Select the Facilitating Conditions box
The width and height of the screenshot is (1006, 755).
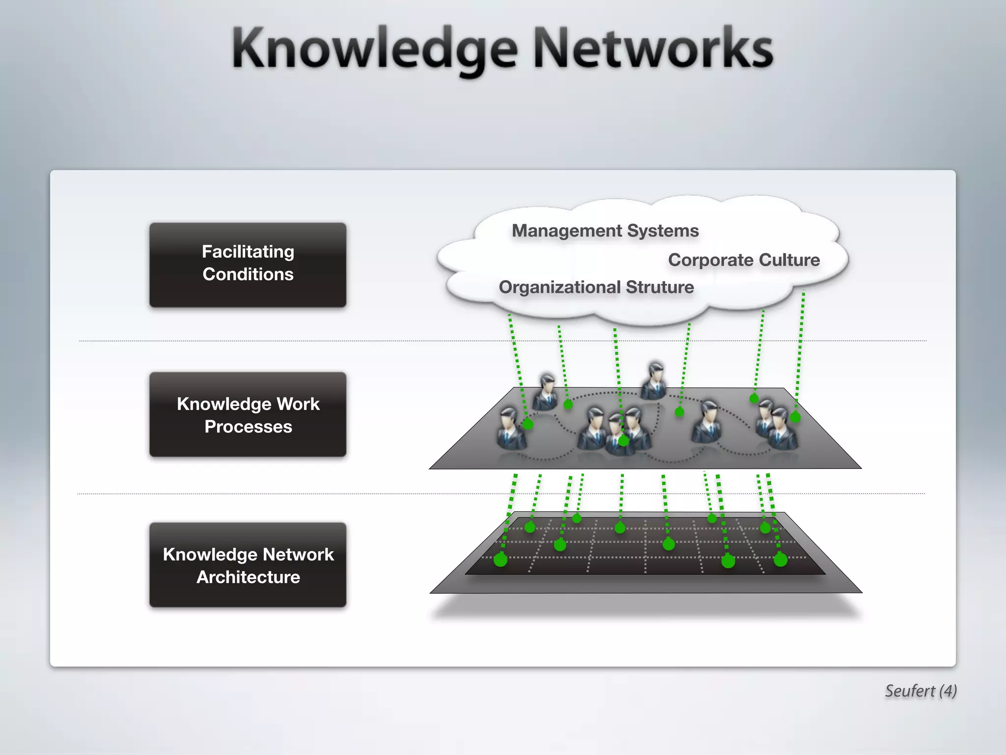tap(248, 265)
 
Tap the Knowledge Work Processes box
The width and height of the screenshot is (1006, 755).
tap(248, 414)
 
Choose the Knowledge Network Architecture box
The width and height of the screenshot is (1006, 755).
tap(248, 565)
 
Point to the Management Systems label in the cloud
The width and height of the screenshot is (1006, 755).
tap(605, 231)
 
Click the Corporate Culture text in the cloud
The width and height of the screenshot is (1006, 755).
tap(744, 260)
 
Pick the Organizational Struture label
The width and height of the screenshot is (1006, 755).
tap(596, 287)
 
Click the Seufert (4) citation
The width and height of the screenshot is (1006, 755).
tap(921, 691)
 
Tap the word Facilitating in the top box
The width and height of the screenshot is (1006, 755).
tap(248, 252)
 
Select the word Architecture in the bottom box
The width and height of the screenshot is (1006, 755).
tap(248, 577)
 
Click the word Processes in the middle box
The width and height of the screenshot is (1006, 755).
tap(248, 427)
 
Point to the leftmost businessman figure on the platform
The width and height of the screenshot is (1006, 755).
tap(511, 428)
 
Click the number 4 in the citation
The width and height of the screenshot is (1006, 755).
tap(947, 691)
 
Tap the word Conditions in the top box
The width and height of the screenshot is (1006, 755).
tap(248, 274)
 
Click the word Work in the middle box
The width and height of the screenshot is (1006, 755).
tap(298, 404)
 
